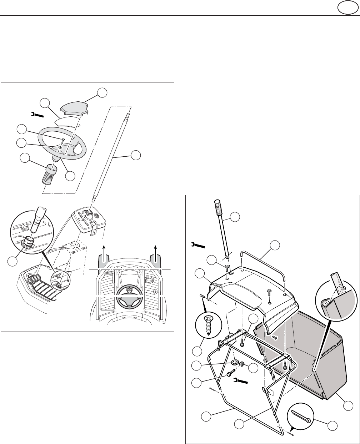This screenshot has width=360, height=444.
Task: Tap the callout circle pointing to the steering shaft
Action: (x=136, y=156)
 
